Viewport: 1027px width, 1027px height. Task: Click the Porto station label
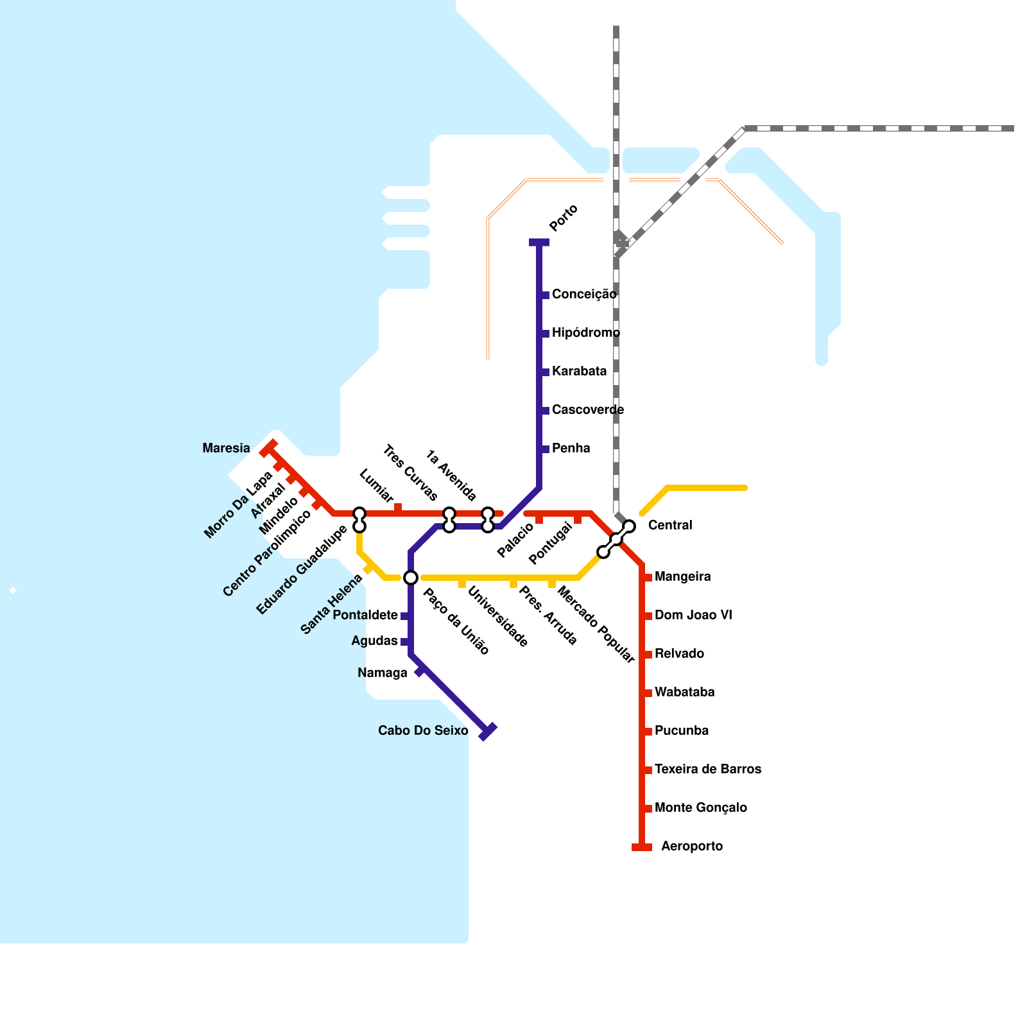[x=564, y=218]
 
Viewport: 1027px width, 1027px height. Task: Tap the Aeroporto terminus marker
[x=642, y=847]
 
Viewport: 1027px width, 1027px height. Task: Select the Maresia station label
[x=226, y=448]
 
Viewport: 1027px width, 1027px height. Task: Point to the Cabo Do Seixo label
[x=423, y=730]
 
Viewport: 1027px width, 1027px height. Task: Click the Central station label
[x=670, y=525]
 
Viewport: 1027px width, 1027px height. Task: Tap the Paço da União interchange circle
[x=411, y=578]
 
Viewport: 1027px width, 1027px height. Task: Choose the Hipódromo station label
[x=586, y=332]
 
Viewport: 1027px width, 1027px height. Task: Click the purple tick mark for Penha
[x=545, y=449]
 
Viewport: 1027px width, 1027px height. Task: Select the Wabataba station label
[x=684, y=692]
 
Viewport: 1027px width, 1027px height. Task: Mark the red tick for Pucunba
[x=648, y=732]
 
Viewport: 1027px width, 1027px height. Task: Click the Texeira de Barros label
[x=707, y=769]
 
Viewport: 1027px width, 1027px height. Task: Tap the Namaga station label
[x=383, y=673]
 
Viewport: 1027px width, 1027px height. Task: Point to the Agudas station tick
[x=405, y=642]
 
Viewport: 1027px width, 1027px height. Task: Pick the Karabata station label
[x=579, y=371]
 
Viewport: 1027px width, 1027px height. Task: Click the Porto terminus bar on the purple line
[x=539, y=242]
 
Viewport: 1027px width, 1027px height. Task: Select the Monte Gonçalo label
[x=700, y=807]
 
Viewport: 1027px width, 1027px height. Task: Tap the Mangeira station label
[x=682, y=576]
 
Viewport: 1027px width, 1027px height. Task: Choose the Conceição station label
[x=584, y=294]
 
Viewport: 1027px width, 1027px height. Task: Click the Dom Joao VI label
[x=693, y=615]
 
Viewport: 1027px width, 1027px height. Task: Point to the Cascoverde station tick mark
[x=545, y=411]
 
